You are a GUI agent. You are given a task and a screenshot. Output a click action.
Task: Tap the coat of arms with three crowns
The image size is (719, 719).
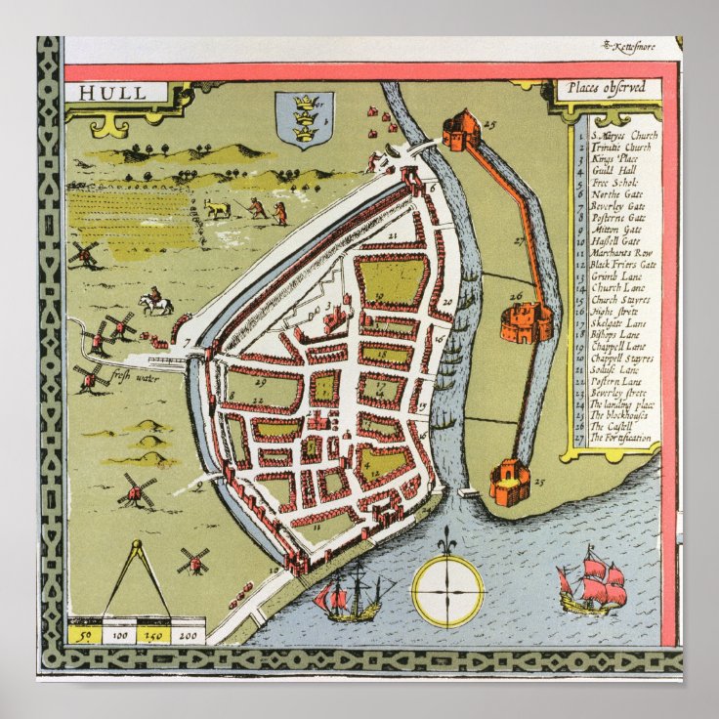(x=304, y=120)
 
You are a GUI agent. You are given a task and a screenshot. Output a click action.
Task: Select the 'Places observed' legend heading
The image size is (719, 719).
(x=611, y=88)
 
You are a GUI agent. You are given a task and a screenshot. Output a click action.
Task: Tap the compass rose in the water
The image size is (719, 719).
(x=447, y=590)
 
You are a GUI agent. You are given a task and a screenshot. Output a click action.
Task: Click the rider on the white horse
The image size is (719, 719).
(x=154, y=302)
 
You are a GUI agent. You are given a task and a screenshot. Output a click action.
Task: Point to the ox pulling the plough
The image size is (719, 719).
(x=216, y=208)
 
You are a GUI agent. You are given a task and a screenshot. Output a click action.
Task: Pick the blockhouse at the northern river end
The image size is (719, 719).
(x=460, y=129)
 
